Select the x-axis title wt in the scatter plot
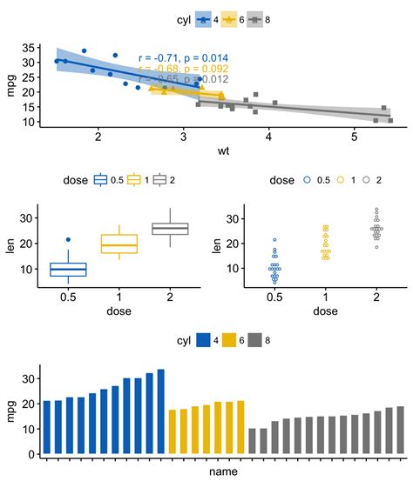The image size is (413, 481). [x=223, y=151]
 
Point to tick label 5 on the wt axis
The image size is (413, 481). [x=354, y=137]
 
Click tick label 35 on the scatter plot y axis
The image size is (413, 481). [x=29, y=48]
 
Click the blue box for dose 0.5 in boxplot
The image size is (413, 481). [x=67, y=270]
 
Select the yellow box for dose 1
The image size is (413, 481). [x=119, y=244]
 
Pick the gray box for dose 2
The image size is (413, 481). [x=171, y=229]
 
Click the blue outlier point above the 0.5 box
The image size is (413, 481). [x=67, y=239]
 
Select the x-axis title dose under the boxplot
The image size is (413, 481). [x=118, y=311]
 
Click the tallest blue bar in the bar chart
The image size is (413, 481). [x=160, y=411]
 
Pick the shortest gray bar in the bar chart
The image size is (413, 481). [x=253, y=440]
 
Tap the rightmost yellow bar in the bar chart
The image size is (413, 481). [x=240, y=426]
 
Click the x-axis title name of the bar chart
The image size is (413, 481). [x=223, y=471]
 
